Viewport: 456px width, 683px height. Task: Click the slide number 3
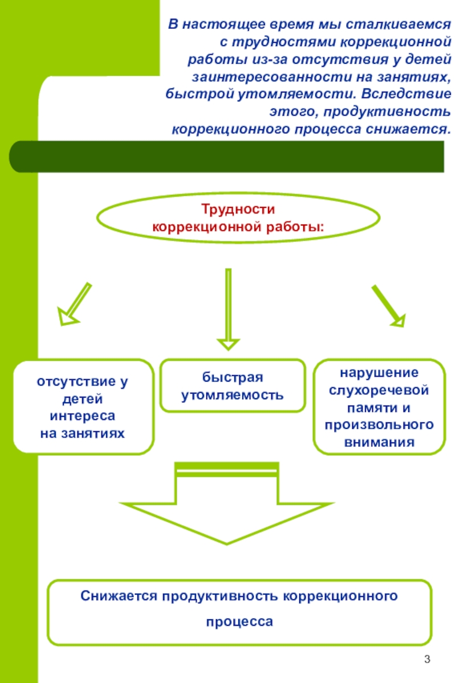click(x=427, y=661)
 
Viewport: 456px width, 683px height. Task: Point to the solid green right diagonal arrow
click(x=388, y=305)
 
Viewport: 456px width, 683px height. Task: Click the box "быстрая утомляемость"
click(x=232, y=386)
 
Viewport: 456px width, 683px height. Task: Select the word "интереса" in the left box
click(x=82, y=416)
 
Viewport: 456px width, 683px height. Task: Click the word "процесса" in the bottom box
click(x=239, y=621)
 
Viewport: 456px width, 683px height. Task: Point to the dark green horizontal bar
click(x=226, y=157)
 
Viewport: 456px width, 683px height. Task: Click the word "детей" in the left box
click(x=82, y=399)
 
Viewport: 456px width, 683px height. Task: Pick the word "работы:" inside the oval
click(x=299, y=227)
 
